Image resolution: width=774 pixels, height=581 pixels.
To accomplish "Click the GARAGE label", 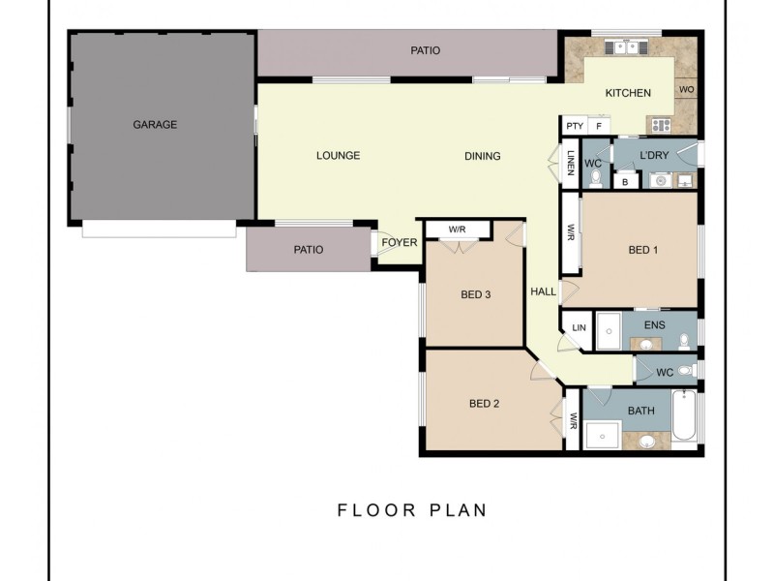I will pyautogui.click(x=155, y=125).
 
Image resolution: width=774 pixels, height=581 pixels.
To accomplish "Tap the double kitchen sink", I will pyautogui.click(x=622, y=47).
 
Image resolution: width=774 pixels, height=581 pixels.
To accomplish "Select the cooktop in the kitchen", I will pyautogui.click(x=661, y=125).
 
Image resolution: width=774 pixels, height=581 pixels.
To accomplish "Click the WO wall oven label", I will pyautogui.click(x=687, y=90).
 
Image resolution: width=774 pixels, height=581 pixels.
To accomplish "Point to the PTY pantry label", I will pyautogui.click(x=575, y=126).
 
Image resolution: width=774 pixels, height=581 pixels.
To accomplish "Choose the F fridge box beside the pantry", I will pyautogui.click(x=599, y=126).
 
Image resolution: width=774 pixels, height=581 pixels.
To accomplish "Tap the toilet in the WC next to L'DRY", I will pyautogui.click(x=595, y=178).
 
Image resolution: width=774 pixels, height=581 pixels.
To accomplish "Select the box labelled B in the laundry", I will pyautogui.click(x=626, y=180).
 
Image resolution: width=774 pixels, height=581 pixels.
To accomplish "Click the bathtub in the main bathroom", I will pyautogui.click(x=683, y=417).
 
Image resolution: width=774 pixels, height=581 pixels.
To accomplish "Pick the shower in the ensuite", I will pyautogui.click(x=608, y=330).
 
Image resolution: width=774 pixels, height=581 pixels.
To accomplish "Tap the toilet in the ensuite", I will pyautogui.click(x=684, y=339).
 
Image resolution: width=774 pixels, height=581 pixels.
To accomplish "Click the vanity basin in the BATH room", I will pyautogui.click(x=646, y=442).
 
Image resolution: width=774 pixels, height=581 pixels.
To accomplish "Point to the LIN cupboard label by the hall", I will pyautogui.click(x=579, y=328).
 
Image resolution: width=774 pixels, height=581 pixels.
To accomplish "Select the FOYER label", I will pyautogui.click(x=399, y=243).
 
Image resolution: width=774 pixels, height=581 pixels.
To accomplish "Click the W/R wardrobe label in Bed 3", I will pyautogui.click(x=458, y=229).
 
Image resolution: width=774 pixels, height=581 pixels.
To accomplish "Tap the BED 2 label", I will pyautogui.click(x=484, y=404).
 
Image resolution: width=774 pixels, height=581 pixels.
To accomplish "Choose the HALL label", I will pyautogui.click(x=543, y=290).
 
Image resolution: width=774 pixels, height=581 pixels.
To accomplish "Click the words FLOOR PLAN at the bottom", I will pyautogui.click(x=412, y=510).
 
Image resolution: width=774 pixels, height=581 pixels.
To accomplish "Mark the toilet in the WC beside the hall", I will pyautogui.click(x=685, y=371).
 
